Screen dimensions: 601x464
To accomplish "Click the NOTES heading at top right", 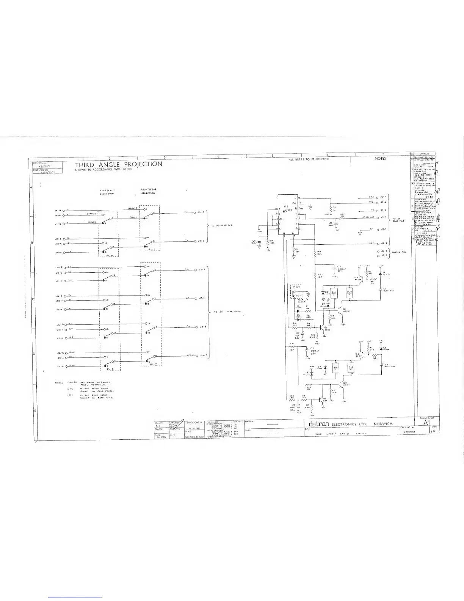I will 380,159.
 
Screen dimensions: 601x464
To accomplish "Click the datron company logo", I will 317,423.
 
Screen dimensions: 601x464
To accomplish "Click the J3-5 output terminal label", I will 203,355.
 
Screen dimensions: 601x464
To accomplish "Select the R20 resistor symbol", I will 342,218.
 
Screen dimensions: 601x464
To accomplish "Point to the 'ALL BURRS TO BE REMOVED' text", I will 309,159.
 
